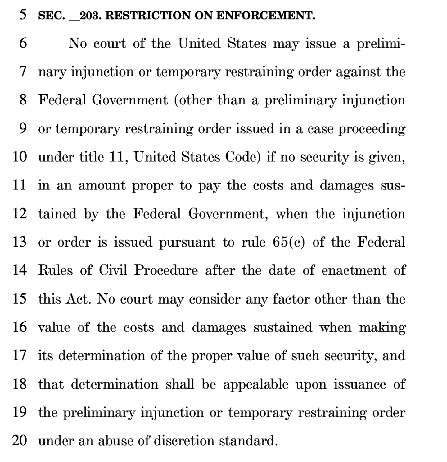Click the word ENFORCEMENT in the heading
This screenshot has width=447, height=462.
coord(266,15)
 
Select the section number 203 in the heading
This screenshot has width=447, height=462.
coord(90,15)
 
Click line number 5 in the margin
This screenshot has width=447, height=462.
coord(23,14)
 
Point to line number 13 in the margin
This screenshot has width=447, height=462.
coord(19,242)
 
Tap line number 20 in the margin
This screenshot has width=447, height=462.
coord(19,440)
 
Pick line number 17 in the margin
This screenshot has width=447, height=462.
coord(19,355)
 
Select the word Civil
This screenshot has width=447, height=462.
coord(113,270)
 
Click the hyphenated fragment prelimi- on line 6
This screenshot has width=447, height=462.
coord(381,43)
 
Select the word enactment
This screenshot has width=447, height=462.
coord(354,270)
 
